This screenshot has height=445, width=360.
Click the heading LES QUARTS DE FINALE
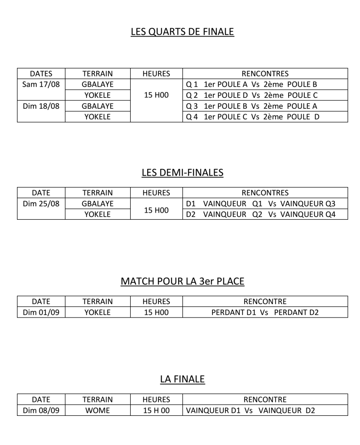pos(182,32)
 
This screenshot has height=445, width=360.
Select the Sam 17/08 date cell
pos(41,84)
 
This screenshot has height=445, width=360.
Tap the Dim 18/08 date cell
pos(41,106)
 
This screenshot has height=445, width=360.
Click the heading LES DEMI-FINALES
pos(182,173)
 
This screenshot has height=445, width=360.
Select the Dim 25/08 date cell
pos(41,203)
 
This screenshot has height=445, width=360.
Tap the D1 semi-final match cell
pos(260,203)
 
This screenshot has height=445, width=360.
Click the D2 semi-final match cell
pos(260,214)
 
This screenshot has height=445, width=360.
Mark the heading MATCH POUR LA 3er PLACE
pos(182,281)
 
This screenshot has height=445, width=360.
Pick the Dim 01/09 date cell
pos(41,312)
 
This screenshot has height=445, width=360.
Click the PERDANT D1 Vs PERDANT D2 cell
pos(265,312)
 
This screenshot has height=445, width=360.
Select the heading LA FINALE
pos(182,379)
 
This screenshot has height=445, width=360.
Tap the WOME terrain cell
pos(98,410)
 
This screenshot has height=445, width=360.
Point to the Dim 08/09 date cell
pos(41,410)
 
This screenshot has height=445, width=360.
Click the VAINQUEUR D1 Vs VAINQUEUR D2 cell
pos(250,410)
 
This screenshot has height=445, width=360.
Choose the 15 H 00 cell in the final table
pos(156,410)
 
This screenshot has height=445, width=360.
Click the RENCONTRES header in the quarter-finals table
pos(265,73)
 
